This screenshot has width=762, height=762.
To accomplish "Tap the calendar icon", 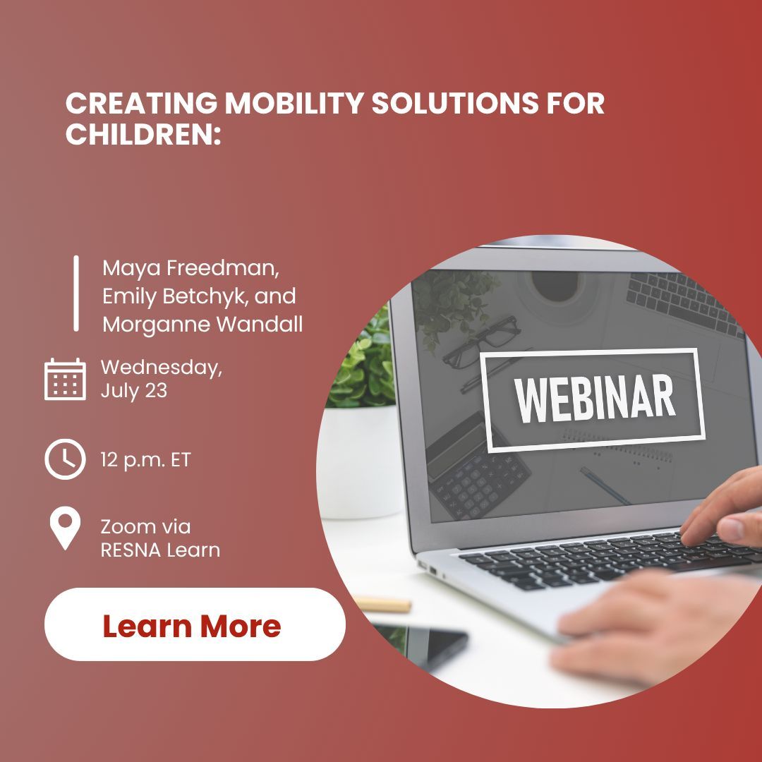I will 65,379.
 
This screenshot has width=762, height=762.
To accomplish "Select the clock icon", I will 65,460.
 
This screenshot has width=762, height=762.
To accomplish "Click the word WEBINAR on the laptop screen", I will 594,400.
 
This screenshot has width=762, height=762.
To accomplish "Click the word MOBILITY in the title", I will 292,104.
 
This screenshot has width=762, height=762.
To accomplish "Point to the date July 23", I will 133,391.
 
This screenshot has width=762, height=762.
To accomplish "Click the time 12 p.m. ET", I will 145,461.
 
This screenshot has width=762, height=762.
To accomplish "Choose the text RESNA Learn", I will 160,550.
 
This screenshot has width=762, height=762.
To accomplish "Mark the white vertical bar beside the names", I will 76,294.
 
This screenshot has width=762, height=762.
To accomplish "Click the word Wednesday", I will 162,368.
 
